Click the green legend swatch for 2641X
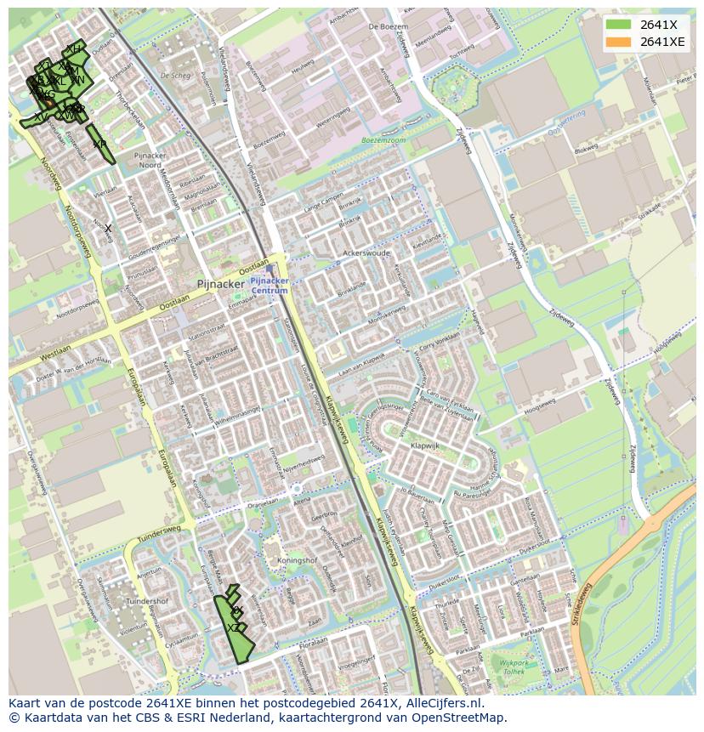pyautogui.click(x=618, y=25)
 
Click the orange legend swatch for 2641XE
pyautogui.click(x=618, y=42)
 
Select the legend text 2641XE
pyautogui.click(x=662, y=42)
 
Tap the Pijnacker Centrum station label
pyautogui.click(x=270, y=285)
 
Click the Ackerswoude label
pyautogui.click(x=366, y=253)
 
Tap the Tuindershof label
pyautogui.click(x=147, y=601)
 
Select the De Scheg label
pyautogui.click(x=175, y=76)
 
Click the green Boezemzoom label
pyautogui.click(x=384, y=139)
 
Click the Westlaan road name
pyautogui.click(x=54, y=349)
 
